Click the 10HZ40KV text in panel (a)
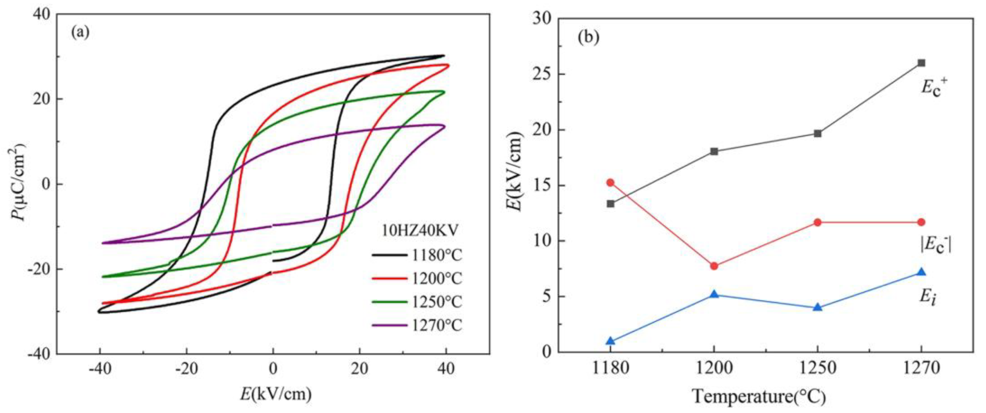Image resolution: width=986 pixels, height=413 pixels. pos(420,231)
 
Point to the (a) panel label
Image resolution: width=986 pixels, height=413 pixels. pos(80,32)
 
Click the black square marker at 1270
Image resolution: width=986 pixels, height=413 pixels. pos(921,63)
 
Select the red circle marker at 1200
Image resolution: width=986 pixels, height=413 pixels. pos(714,266)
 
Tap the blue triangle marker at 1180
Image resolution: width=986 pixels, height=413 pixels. pos(611,341)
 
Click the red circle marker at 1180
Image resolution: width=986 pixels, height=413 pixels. pos(611,182)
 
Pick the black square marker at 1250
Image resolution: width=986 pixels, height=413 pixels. pos(818,133)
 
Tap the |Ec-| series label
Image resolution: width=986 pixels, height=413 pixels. pos(935,244)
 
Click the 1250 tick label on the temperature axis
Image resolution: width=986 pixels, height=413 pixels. pos(818,368)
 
